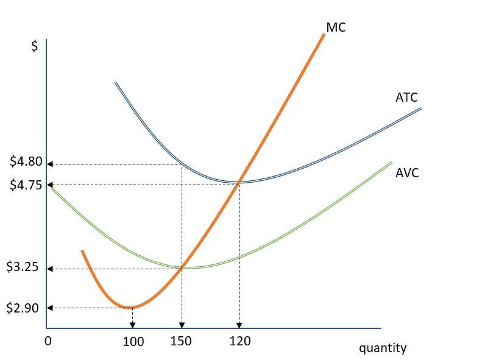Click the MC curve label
pos(336,27)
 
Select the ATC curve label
pos(406,97)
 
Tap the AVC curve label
pos(407,173)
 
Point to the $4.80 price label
pos(26,162)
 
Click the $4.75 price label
pos(26,185)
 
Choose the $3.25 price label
pos(23,267)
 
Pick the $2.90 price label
pos(23,308)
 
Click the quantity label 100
pos(133,342)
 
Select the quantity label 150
pos(180,341)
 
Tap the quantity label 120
pos(240,341)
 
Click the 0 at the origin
pos(48,341)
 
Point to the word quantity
pos(382,348)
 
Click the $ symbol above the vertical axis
pos(35,46)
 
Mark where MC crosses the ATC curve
pos(238,182)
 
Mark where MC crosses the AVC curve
pos(182,266)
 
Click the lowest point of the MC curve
pos(130,307)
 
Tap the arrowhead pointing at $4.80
pos(50,164)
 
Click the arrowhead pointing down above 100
pos(133,325)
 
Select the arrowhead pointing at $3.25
pos(50,269)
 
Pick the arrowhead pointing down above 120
pos(239,325)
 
